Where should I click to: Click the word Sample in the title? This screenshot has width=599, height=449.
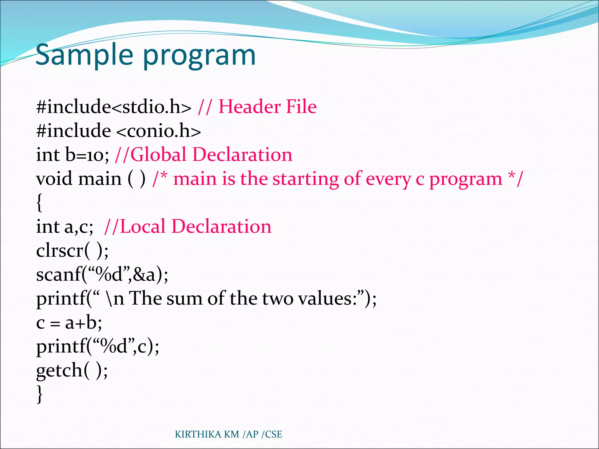coord(84,55)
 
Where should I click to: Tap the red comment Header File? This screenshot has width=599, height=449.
coord(267,106)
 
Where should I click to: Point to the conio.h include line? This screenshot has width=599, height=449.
coord(118,131)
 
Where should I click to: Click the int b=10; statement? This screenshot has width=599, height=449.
coord(72,155)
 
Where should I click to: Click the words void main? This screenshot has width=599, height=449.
coord(78,179)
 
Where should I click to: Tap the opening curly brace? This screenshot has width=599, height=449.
coord(39,202)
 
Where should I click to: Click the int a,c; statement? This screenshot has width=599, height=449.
coord(65,227)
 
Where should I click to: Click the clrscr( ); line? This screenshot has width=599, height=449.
coord(72,251)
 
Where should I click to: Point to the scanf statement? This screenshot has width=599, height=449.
coord(102,274)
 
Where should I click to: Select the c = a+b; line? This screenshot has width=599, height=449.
coord(69,323)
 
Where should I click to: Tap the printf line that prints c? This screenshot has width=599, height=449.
coord(97,347)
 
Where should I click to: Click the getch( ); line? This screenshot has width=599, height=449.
coord(72,371)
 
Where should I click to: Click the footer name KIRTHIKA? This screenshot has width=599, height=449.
coord(198,434)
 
